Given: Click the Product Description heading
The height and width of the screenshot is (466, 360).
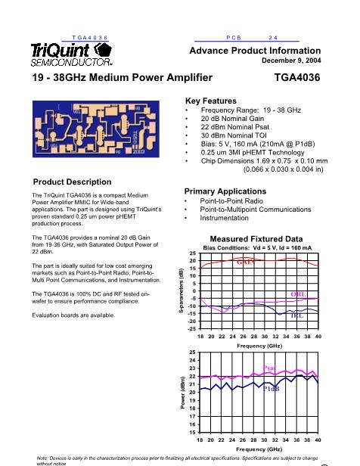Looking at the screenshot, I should point(72,182).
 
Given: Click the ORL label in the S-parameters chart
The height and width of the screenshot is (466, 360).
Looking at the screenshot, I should point(297,294).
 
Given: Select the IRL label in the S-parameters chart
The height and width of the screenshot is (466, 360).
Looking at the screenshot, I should point(296,315).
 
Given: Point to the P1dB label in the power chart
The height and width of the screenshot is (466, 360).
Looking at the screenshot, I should point(272,389).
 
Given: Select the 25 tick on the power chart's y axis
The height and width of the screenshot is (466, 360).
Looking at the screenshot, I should point(192,353).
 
